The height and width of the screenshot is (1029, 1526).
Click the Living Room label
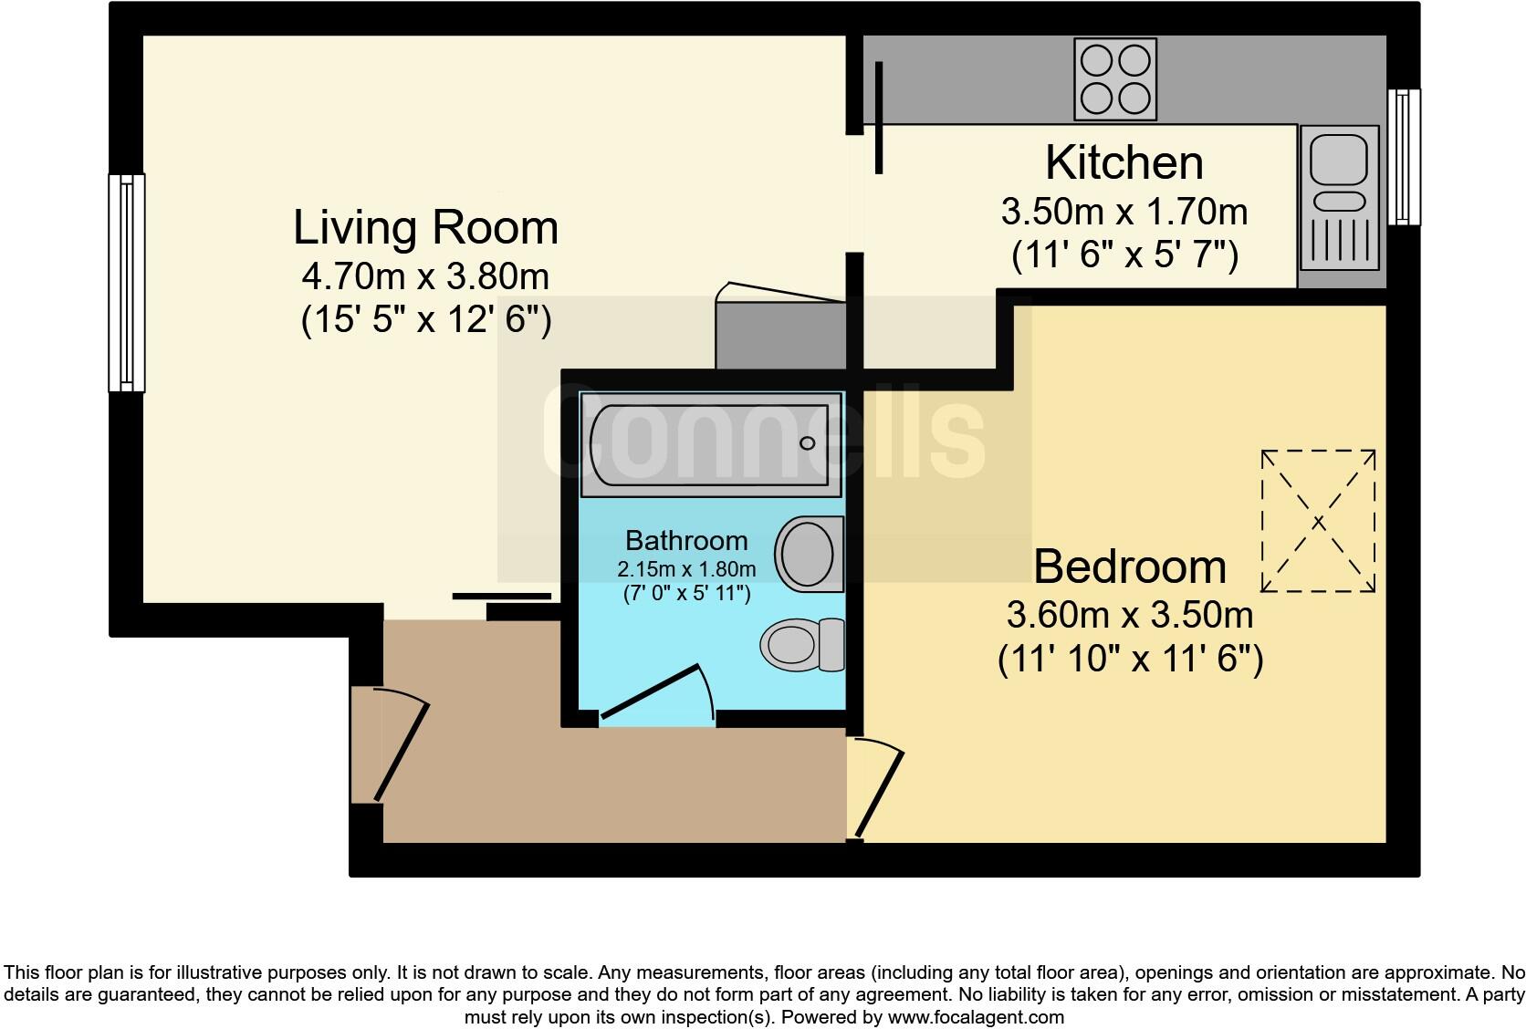tap(425, 227)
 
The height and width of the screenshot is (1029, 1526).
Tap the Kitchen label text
tap(1124, 163)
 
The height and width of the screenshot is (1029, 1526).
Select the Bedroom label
tap(1129, 566)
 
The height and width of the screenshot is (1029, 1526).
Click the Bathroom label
tap(686, 541)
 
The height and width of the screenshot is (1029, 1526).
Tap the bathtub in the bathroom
tap(709, 445)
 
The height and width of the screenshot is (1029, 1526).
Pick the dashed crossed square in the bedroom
tap(1318, 522)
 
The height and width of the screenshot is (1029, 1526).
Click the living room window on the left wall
tap(127, 283)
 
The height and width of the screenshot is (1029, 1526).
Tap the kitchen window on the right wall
tap(1404, 156)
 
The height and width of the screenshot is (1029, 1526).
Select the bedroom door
tap(877, 788)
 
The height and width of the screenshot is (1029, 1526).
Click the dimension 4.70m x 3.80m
tap(425, 276)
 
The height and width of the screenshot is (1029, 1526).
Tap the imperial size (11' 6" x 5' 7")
tap(1124, 256)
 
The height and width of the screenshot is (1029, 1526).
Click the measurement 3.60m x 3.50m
tap(1129, 616)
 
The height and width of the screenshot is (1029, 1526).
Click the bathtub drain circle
tap(807, 442)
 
